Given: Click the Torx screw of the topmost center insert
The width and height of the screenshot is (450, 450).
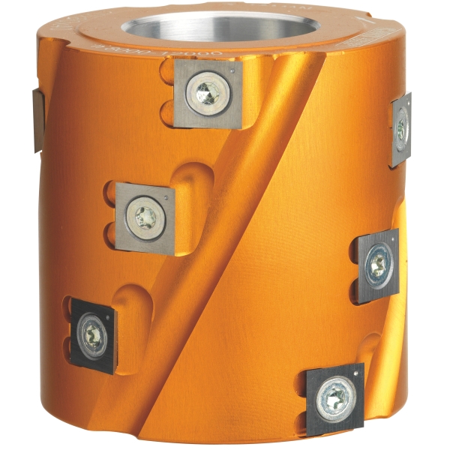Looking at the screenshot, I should (208, 94).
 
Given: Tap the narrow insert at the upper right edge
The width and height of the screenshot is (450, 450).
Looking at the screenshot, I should (400, 129).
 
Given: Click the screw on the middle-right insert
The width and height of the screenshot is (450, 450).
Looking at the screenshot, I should (378, 264).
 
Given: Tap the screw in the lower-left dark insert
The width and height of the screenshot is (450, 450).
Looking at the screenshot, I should (93, 334).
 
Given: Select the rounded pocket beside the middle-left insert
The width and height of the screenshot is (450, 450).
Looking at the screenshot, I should (191, 195).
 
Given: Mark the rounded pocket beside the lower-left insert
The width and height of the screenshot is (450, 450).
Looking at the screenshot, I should (135, 315).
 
